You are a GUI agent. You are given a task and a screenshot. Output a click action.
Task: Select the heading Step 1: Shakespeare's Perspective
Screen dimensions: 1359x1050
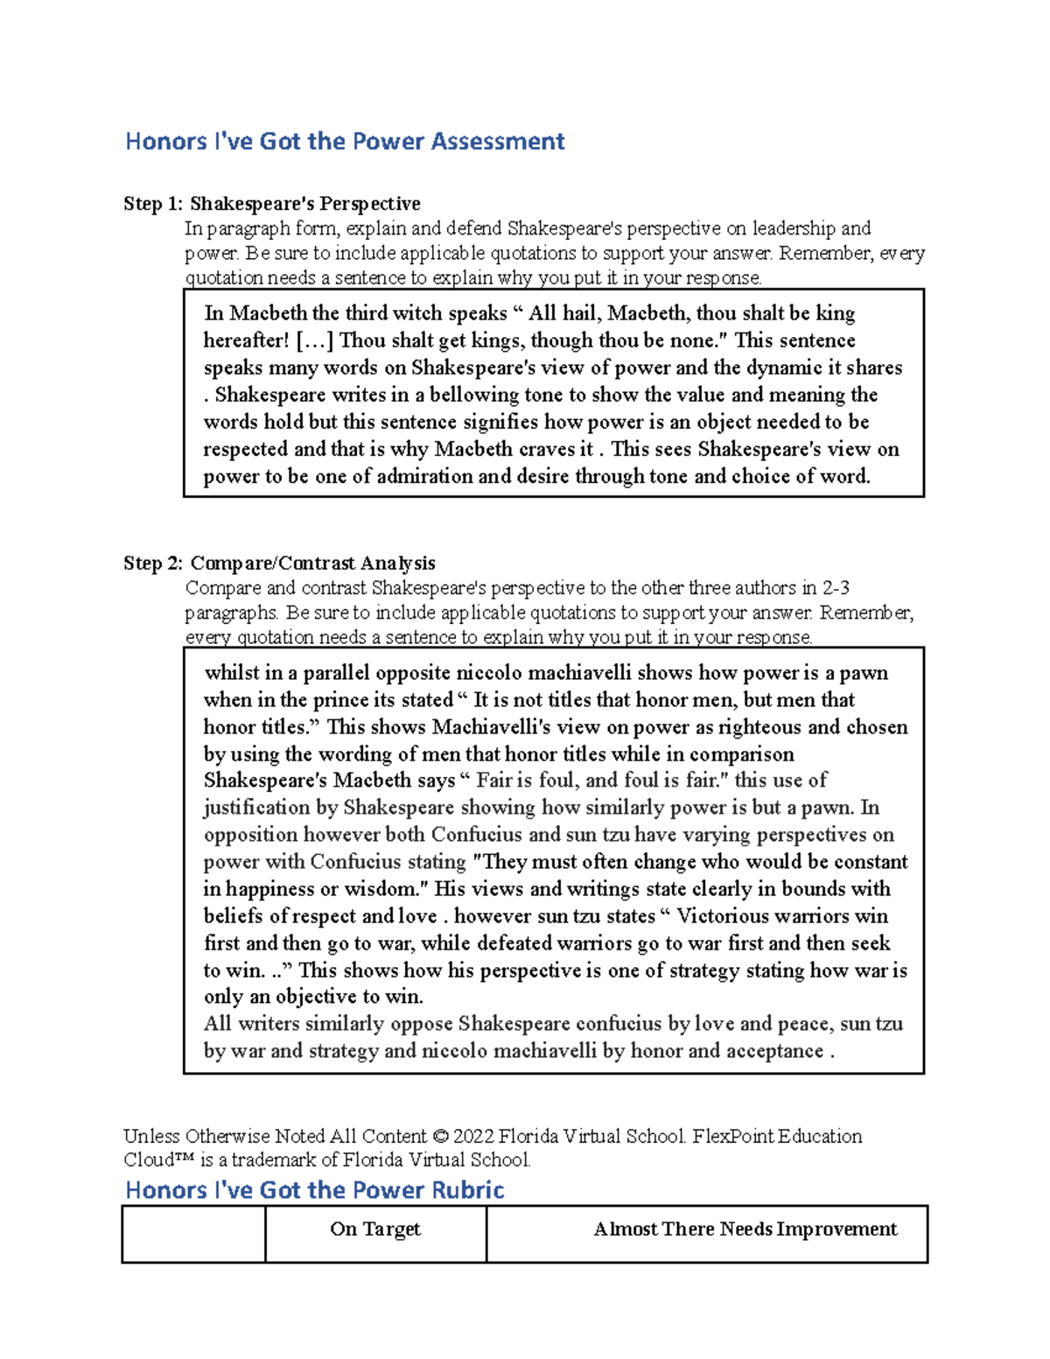pos(271,204)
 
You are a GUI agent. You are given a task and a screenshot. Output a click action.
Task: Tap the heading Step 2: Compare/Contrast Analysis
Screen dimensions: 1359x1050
pos(279,563)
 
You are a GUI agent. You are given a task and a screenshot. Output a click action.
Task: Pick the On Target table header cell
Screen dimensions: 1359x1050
pos(375,1229)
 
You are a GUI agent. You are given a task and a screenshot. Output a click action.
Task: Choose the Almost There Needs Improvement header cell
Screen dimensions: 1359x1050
pos(745,1229)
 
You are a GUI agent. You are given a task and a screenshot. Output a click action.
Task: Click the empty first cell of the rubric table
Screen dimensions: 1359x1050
pos(193,1234)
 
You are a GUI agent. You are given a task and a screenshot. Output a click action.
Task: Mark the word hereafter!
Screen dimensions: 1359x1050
pos(246,340)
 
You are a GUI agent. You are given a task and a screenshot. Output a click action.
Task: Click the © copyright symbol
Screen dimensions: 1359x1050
pos(440,1136)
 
